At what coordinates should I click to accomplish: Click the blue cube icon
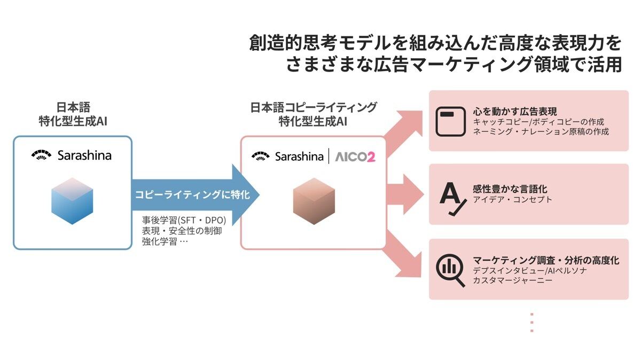[x=72, y=201]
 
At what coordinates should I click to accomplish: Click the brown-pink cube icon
[x=314, y=201]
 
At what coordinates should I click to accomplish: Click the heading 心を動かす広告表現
[x=514, y=112]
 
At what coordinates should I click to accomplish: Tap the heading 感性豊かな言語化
[x=510, y=189]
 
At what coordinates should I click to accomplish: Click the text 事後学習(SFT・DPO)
[x=184, y=221]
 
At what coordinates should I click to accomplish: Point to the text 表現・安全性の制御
[x=182, y=231]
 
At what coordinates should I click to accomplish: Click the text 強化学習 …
[x=165, y=241]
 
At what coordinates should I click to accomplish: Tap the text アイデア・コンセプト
[x=512, y=200]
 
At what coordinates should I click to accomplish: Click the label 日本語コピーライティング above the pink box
[x=314, y=107]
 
